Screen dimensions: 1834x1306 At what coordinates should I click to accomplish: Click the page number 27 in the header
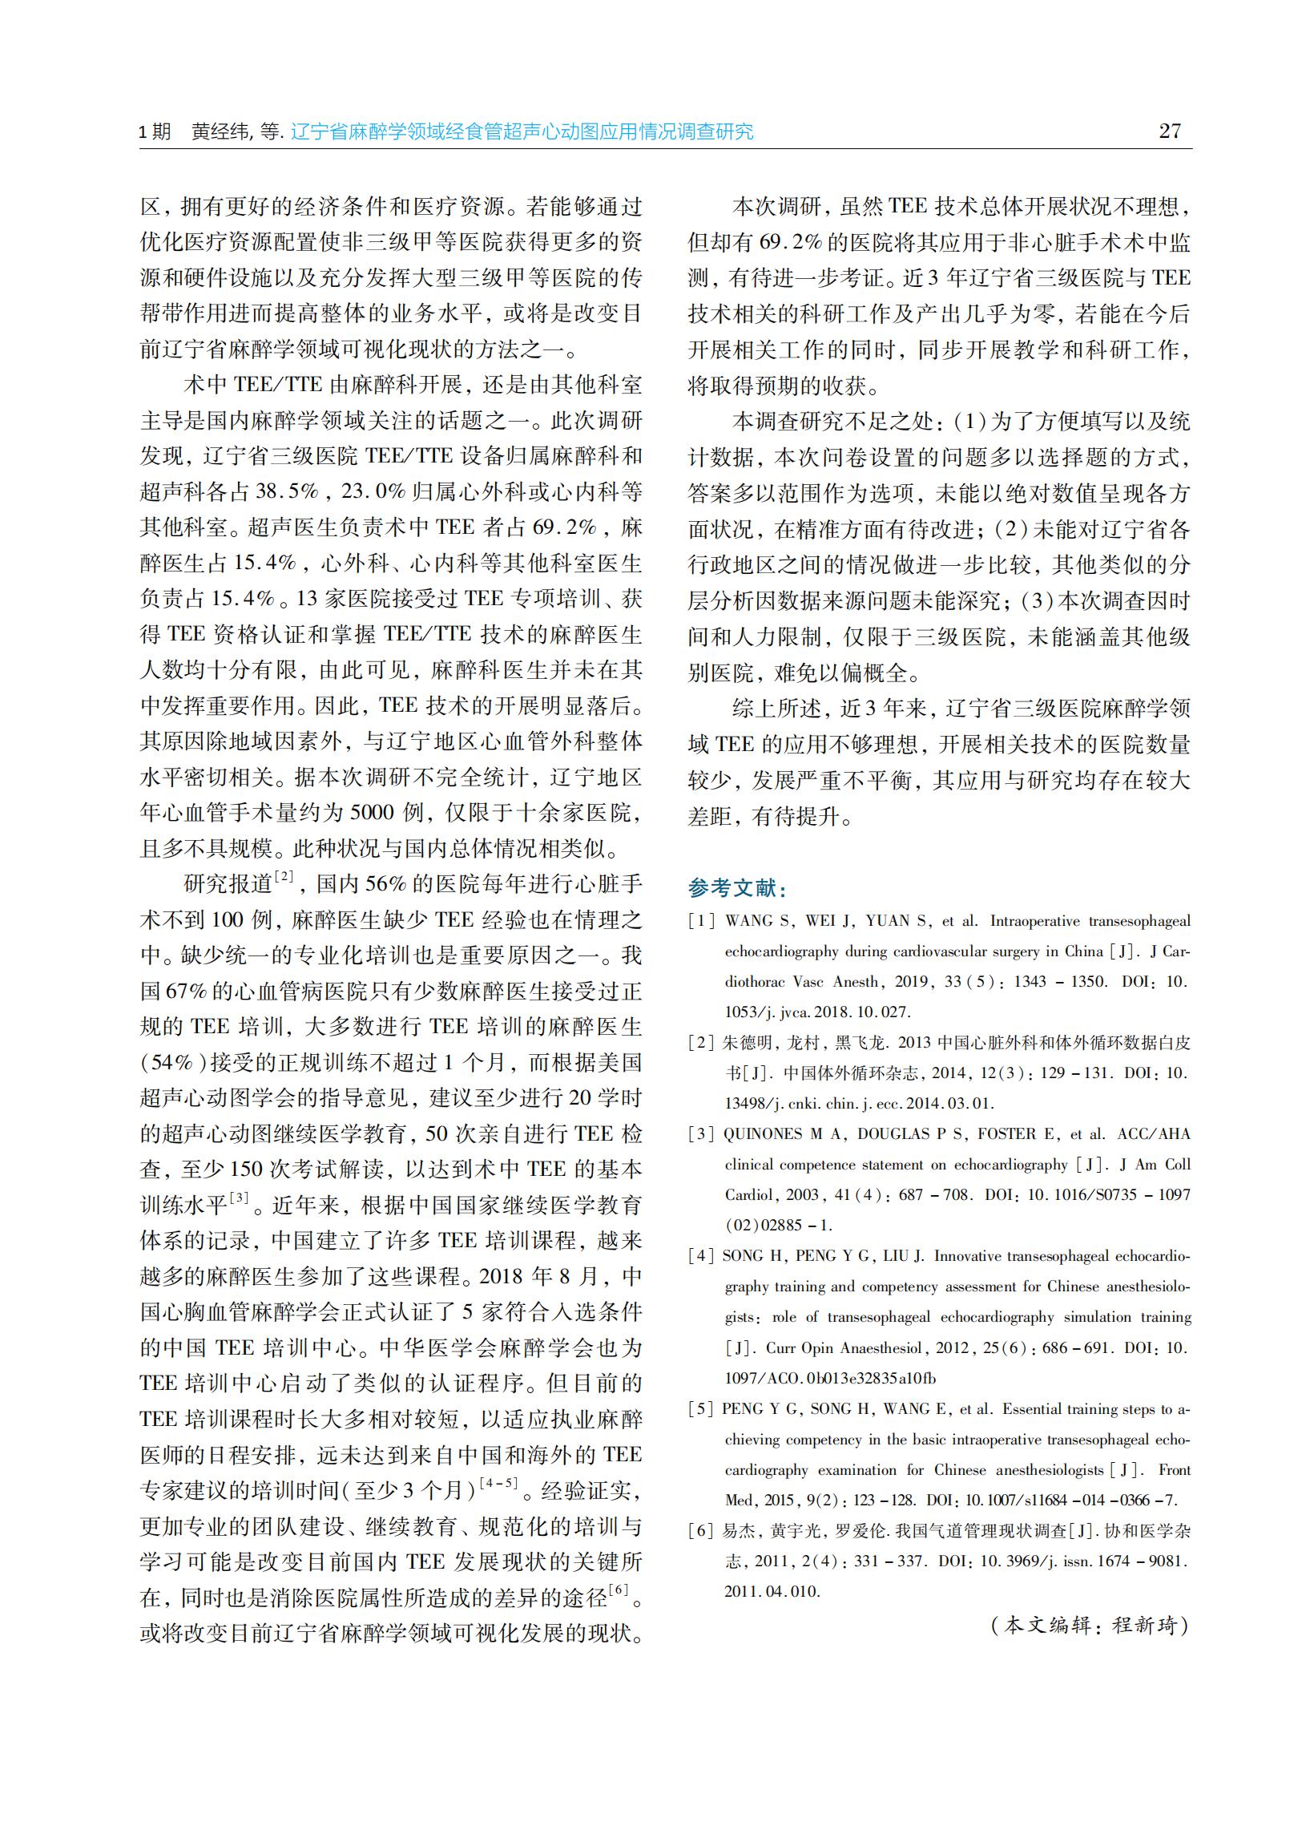1170,131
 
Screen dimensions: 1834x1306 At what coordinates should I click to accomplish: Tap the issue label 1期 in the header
155,132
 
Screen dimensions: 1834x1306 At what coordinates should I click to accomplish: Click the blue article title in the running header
522,132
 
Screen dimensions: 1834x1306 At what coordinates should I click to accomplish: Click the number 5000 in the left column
373,813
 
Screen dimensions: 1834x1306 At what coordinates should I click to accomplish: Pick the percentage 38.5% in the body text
287,491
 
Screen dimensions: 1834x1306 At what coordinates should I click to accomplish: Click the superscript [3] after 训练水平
240,1198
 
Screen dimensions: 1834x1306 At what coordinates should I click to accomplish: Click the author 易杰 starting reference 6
736,1531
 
